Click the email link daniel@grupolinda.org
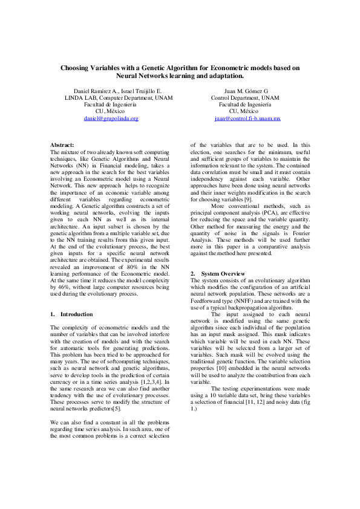(x=111, y=119)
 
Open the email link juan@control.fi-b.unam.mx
(x=247, y=119)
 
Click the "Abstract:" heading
(x=62, y=146)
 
